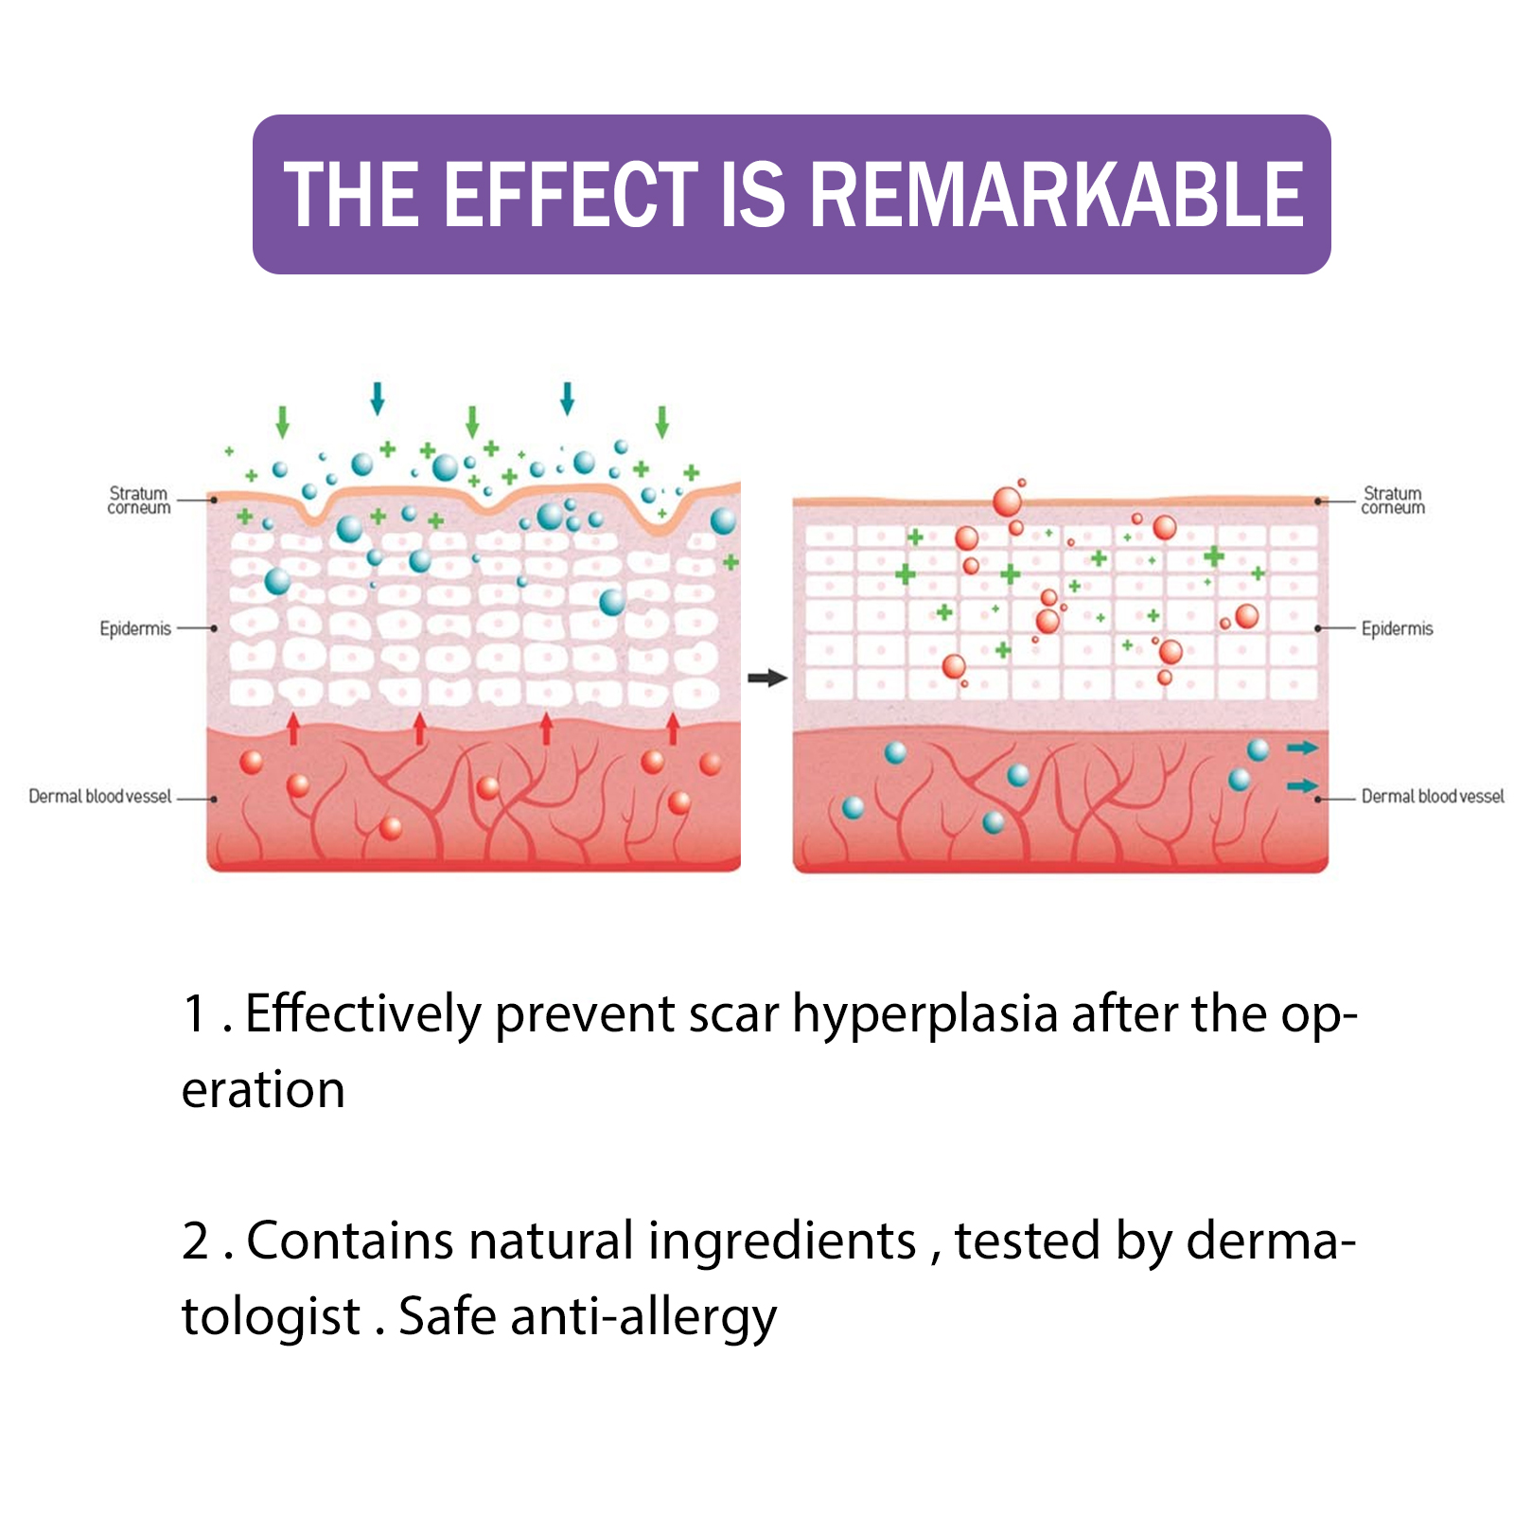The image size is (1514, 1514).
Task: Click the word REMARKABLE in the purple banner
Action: click(1057, 194)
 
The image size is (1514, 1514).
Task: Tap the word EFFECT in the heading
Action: click(572, 194)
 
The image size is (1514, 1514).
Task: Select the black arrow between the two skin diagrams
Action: click(767, 678)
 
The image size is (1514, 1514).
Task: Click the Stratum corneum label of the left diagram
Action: click(139, 501)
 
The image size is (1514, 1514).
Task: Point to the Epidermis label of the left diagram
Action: click(135, 629)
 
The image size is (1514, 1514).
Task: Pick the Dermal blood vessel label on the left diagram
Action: click(100, 797)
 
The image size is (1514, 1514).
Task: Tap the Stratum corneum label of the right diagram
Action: click(1393, 501)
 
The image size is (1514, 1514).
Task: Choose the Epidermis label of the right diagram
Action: click(1397, 629)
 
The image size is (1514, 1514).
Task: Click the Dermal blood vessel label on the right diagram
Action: click(1433, 797)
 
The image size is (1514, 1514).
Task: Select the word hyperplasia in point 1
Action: click(924, 1015)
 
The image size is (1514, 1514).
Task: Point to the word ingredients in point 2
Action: click(783, 1242)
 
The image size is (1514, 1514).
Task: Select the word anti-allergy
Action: click(643, 1318)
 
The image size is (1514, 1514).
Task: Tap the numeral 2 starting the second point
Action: click(195, 1241)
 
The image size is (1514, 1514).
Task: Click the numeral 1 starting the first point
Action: click(195, 1013)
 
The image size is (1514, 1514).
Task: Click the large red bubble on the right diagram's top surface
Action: click(1007, 502)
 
